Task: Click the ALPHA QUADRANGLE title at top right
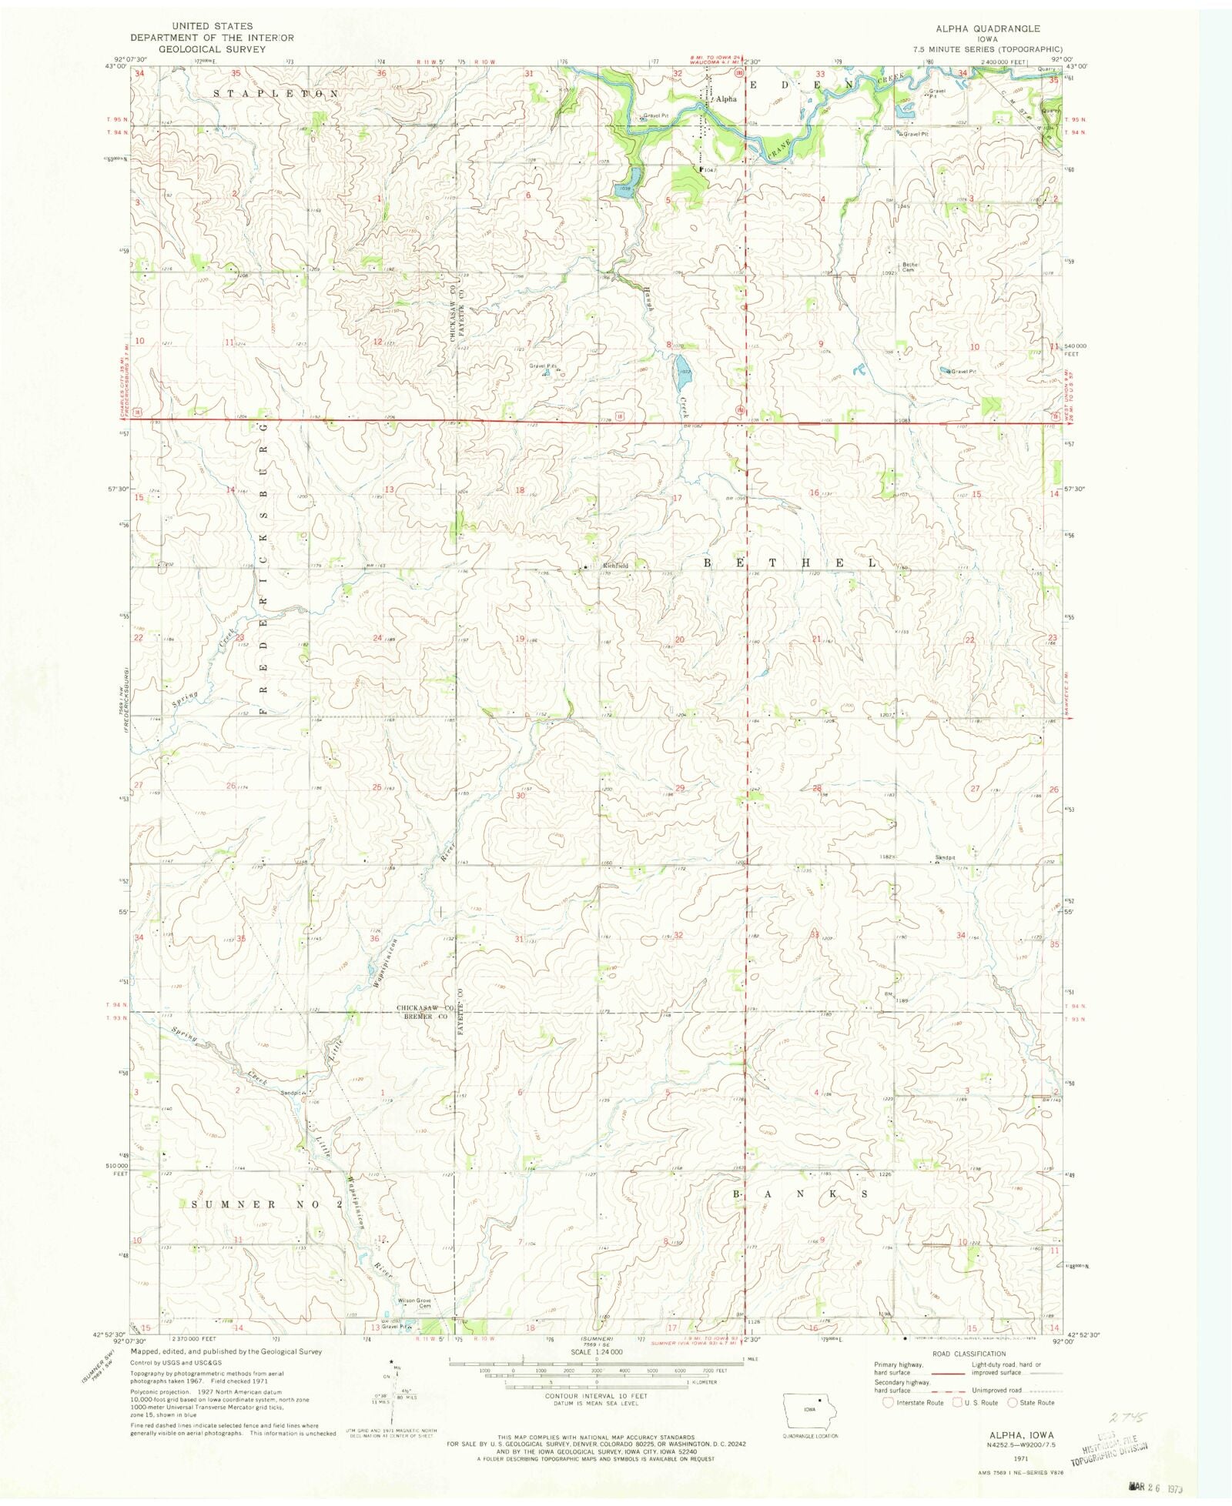pyautogui.click(x=988, y=28)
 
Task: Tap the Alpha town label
pyautogui.click(x=725, y=99)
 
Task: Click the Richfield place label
pyautogui.click(x=616, y=566)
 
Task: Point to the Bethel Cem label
pyautogui.click(x=909, y=267)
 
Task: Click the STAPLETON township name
pyautogui.click(x=275, y=93)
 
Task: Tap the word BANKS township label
pyautogui.click(x=801, y=1194)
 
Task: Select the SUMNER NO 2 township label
pyautogui.click(x=266, y=1204)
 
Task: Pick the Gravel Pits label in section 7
pyautogui.click(x=542, y=366)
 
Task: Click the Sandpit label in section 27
pyautogui.click(x=945, y=857)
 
